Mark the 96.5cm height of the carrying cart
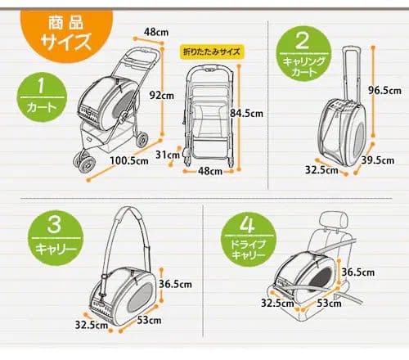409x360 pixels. (384, 89)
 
